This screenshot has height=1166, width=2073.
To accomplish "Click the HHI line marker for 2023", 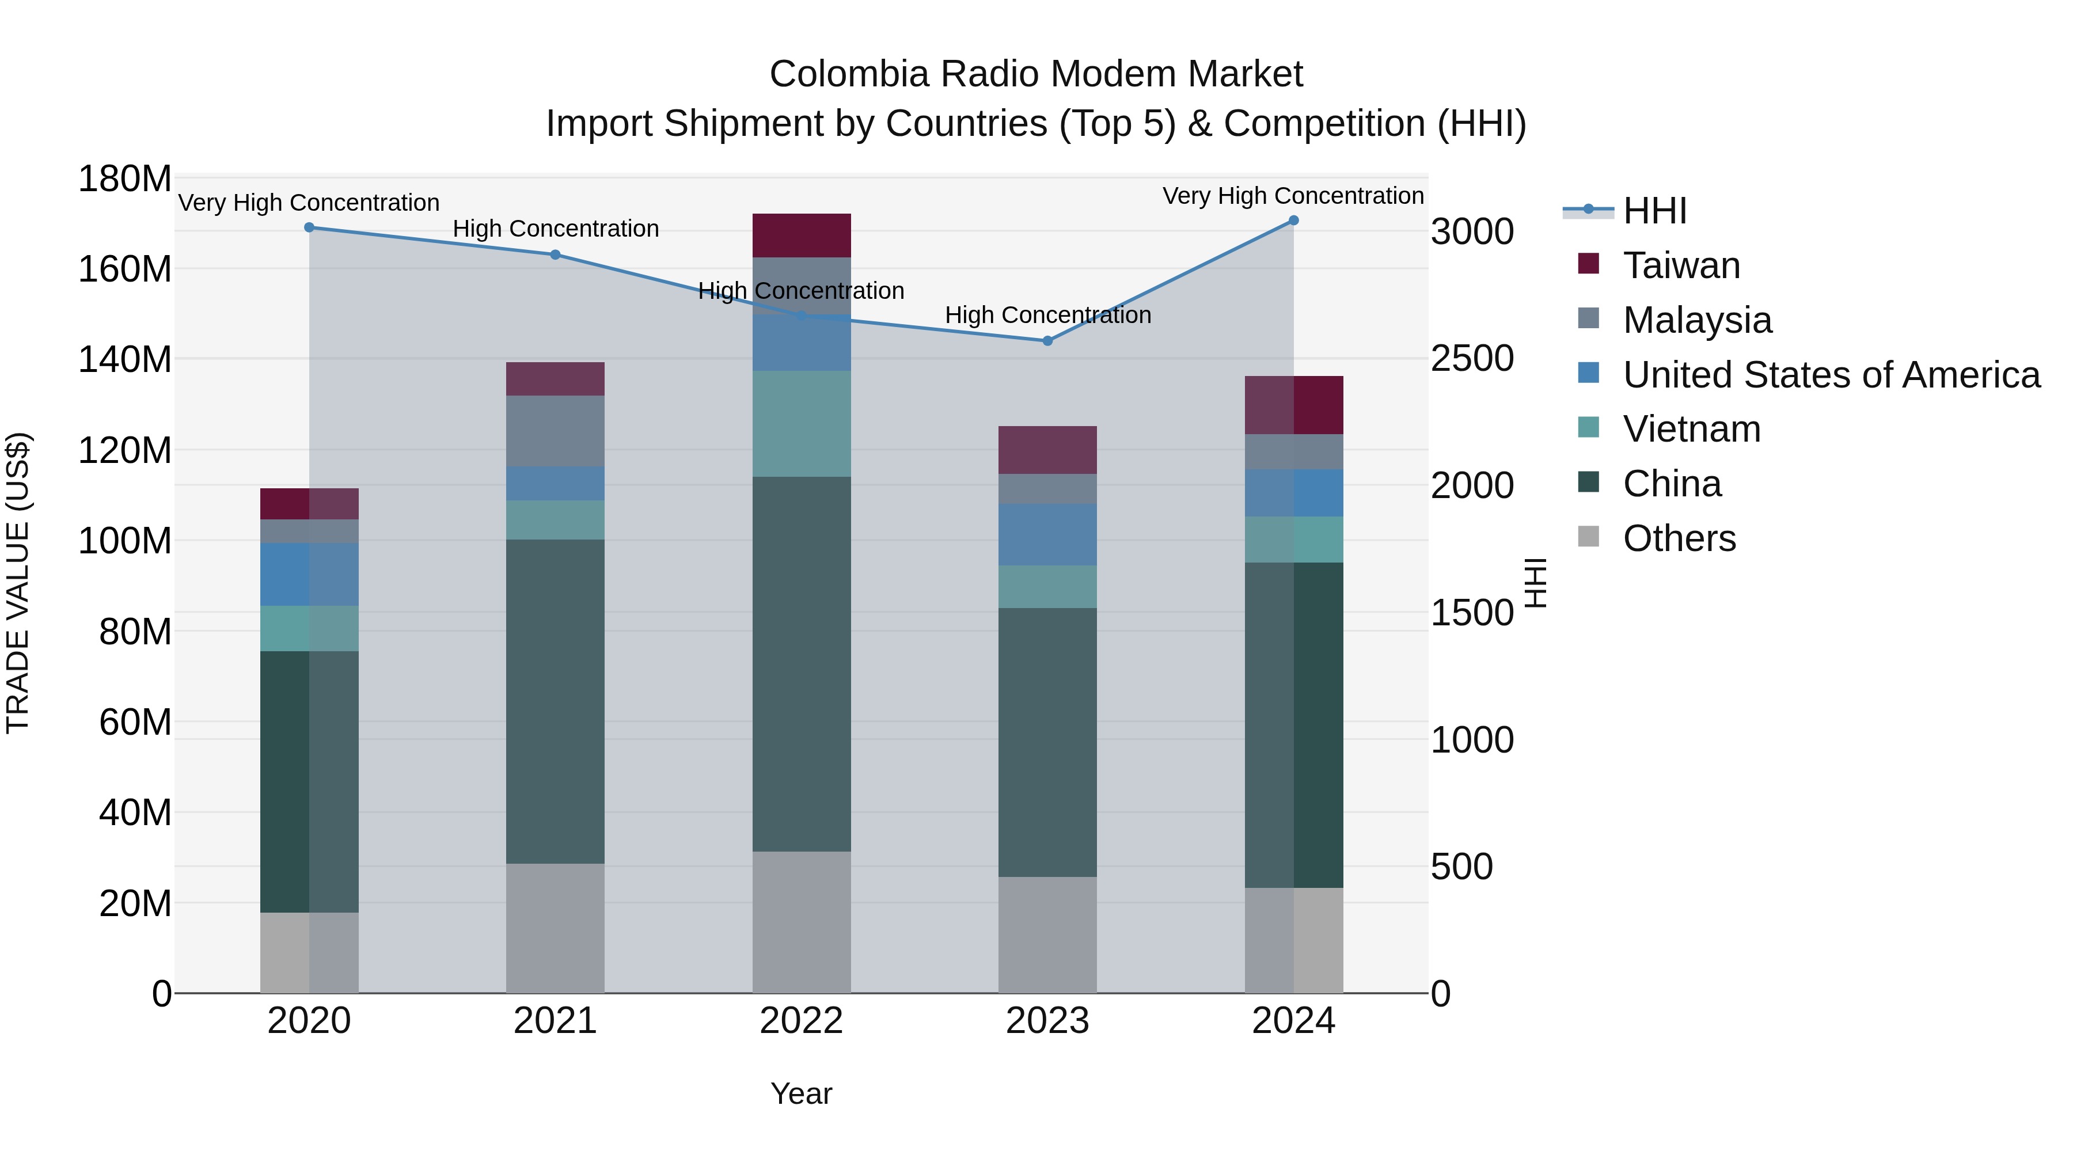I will click(1047, 341).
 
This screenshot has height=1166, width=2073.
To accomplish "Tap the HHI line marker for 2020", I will click(309, 227).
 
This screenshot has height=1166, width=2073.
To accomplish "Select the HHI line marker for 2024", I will click(1293, 221).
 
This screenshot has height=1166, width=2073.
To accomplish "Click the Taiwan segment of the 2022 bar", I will click(801, 236).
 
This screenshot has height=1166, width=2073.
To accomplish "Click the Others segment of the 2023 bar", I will click(1047, 935).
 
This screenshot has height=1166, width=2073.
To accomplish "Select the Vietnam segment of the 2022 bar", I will click(801, 423).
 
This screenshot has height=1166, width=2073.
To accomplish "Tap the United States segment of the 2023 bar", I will click(1047, 534).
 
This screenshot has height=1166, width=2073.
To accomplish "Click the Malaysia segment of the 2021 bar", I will click(555, 431).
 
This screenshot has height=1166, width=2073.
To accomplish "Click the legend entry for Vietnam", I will click(1691, 429).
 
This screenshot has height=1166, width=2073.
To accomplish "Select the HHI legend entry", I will click(1654, 211).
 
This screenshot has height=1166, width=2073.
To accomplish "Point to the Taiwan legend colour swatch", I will click(1589, 264).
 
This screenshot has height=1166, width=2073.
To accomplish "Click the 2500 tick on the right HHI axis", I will click(1472, 358).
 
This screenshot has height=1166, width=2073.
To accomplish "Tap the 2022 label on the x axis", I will click(801, 1021).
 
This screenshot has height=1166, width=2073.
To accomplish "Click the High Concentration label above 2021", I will click(555, 229).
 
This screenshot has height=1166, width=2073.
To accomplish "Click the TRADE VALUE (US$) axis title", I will click(18, 583).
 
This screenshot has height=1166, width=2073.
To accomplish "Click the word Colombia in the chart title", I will click(849, 74).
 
